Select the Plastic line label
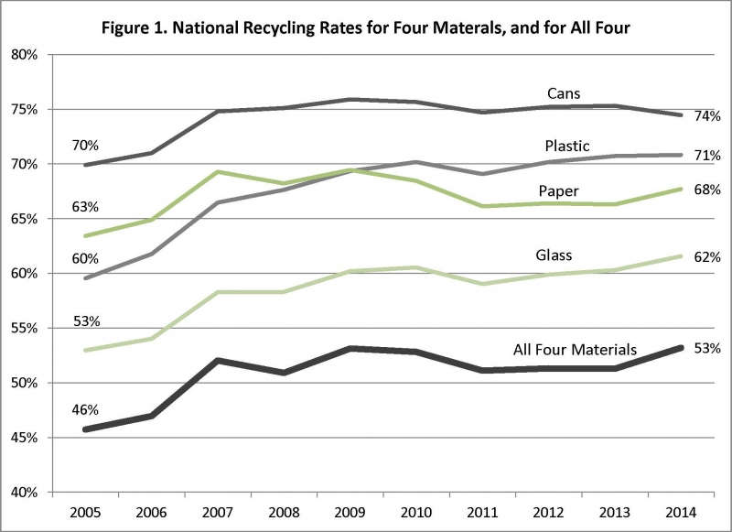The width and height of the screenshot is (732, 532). coord(567,146)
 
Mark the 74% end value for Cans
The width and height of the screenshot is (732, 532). coord(707,116)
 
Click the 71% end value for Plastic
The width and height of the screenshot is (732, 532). coord(707,155)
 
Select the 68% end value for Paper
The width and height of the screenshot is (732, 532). coord(707,190)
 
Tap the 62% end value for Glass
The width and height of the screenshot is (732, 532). coord(707,256)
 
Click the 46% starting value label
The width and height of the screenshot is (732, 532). coord(86,409)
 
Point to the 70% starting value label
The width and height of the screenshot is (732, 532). coord(86,145)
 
